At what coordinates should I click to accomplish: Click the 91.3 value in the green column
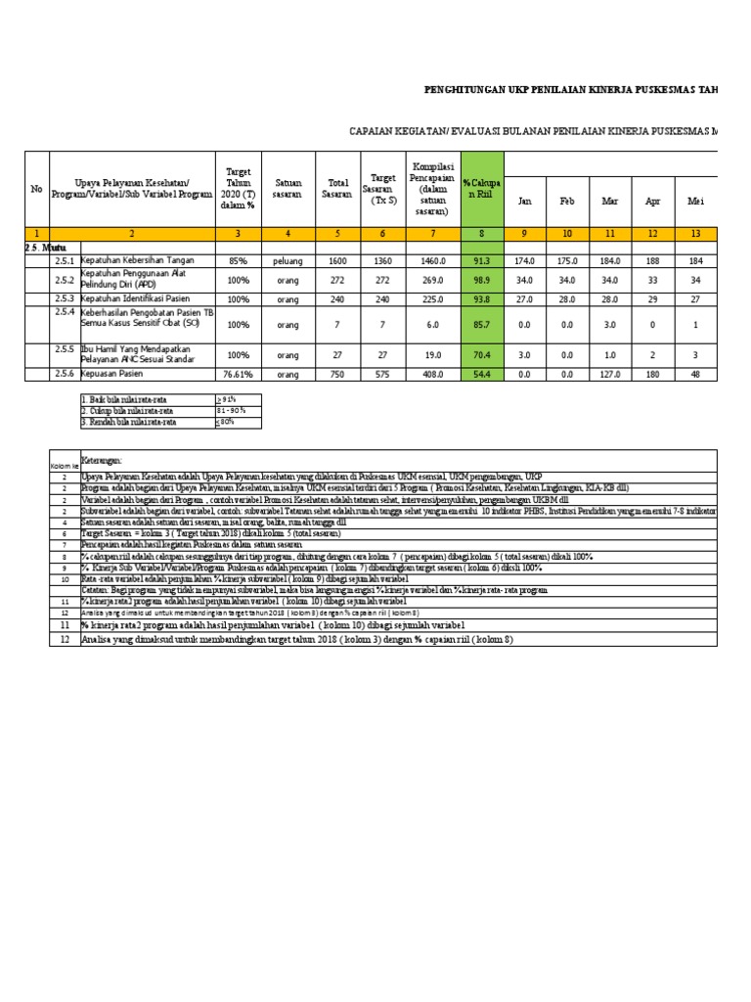tap(481, 261)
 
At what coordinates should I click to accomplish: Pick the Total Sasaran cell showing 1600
tap(337, 261)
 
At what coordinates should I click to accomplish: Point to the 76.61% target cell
tap(238, 373)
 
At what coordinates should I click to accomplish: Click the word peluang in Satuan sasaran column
tap(287, 261)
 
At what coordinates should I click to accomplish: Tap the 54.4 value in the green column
tap(481, 373)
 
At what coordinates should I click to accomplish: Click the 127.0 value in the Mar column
tap(610, 373)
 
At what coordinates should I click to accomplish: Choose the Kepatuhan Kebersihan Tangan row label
tap(139, 261)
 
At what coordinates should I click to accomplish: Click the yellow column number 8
tap(481, 234)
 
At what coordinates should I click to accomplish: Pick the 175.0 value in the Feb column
tap(567, 261)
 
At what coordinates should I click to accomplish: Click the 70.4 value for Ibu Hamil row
tap(481, 353)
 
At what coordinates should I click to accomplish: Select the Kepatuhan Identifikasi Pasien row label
tap(135, 298)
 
